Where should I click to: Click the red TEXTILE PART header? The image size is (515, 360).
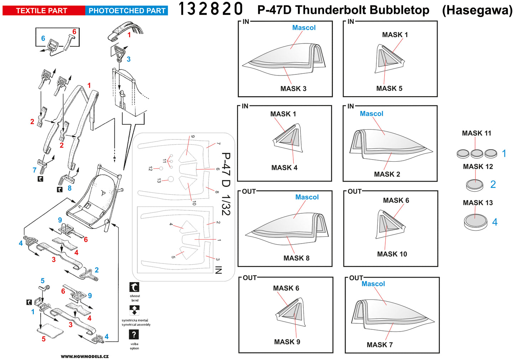[42, 11]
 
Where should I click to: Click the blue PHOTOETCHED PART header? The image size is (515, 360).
[127, 11]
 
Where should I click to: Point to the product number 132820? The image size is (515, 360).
[210, 9]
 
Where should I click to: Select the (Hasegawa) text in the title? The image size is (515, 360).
[477, 10]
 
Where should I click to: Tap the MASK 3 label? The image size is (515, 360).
[293, 89]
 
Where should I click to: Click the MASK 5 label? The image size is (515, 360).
[389, 88]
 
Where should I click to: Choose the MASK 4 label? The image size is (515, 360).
[284, 168]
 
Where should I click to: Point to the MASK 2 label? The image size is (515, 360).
[387, 174]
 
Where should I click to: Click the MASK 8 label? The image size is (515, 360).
[296, 258]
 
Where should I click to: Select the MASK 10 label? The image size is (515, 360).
[392, 254]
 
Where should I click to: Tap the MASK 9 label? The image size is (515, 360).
[287, 342]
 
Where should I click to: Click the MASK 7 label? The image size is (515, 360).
[380, 345]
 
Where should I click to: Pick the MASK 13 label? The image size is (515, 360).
[478, 203]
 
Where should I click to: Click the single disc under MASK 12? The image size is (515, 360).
[475, 185]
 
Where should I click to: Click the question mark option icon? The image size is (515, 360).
[134, 334]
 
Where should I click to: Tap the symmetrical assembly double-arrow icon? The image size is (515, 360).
[134, 310]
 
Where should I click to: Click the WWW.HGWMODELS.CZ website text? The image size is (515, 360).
[85, 356]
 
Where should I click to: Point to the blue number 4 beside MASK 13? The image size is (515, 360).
[495, 222]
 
